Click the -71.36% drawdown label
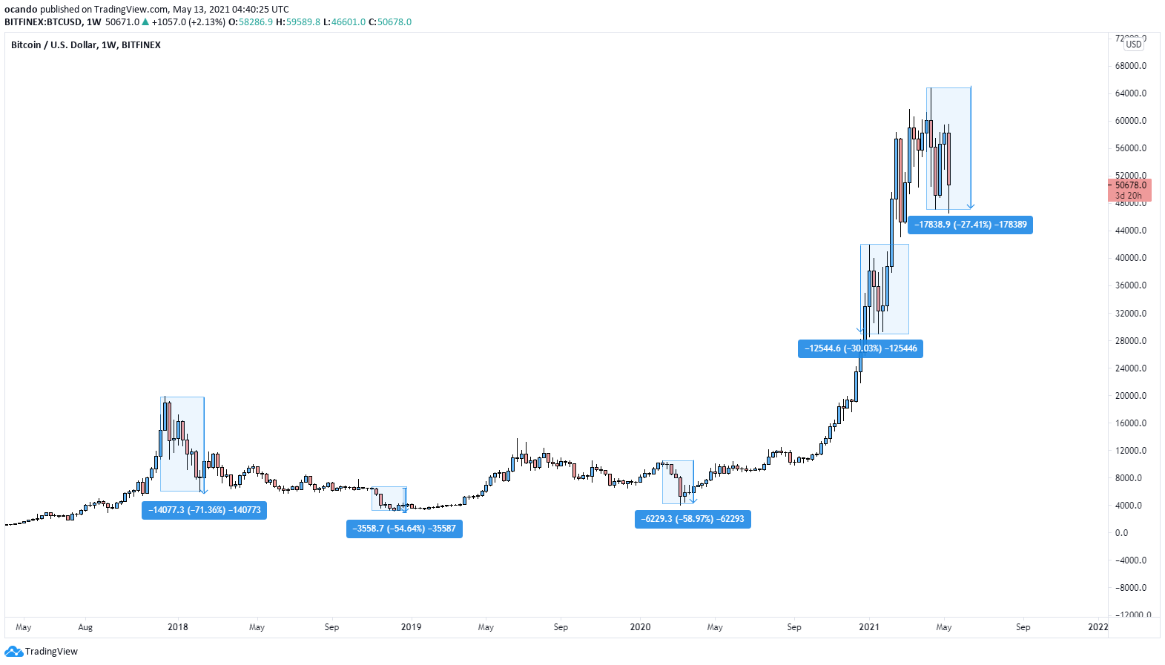204,510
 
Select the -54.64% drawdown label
404,529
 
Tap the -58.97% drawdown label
693,519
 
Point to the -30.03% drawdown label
860,348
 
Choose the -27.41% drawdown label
970,225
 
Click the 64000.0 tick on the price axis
1130,93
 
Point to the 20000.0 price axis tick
1130,396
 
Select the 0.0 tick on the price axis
1121,533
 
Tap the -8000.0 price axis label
1130,588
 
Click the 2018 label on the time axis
178,627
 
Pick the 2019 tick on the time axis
411,627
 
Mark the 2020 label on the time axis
640,627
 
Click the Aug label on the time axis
85,627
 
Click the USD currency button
1133,44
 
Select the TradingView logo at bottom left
42,652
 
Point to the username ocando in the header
21,10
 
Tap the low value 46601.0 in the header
348,22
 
